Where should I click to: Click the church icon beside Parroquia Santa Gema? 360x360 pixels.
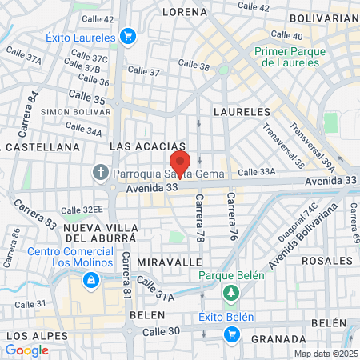[x=101, y=172]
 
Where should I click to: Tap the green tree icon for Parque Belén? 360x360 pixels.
[x=231, y=293]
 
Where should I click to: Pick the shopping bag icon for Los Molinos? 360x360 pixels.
[x=91, y=280]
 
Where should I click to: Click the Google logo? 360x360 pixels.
[x=26, y=350]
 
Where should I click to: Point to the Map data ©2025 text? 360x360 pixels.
[x=326, y=353]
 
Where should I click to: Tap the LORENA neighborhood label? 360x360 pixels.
[x=185, y=12]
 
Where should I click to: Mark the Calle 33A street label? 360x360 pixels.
[x=256, y=171]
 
